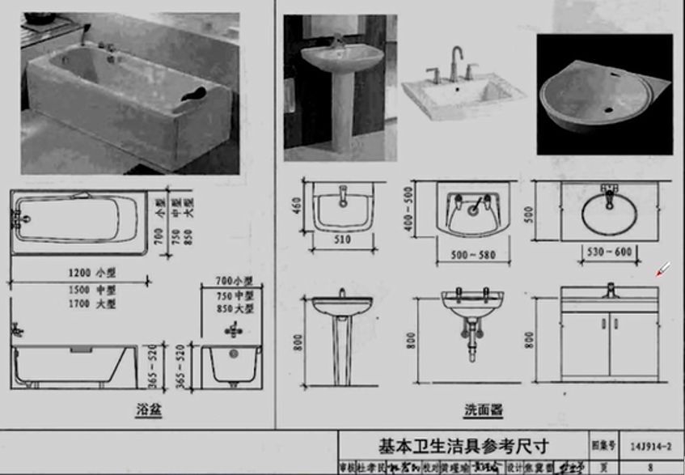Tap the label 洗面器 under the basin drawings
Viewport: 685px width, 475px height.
(484, 410)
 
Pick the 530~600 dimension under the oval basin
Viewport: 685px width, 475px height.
(609, 252)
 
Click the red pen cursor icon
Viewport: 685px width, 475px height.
(662, 269)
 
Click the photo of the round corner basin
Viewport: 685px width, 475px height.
(604, 94)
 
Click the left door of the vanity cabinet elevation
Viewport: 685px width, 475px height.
(585, 344)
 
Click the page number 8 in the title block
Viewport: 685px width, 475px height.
(649, 467)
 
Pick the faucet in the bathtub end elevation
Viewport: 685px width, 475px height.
(234, 330)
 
